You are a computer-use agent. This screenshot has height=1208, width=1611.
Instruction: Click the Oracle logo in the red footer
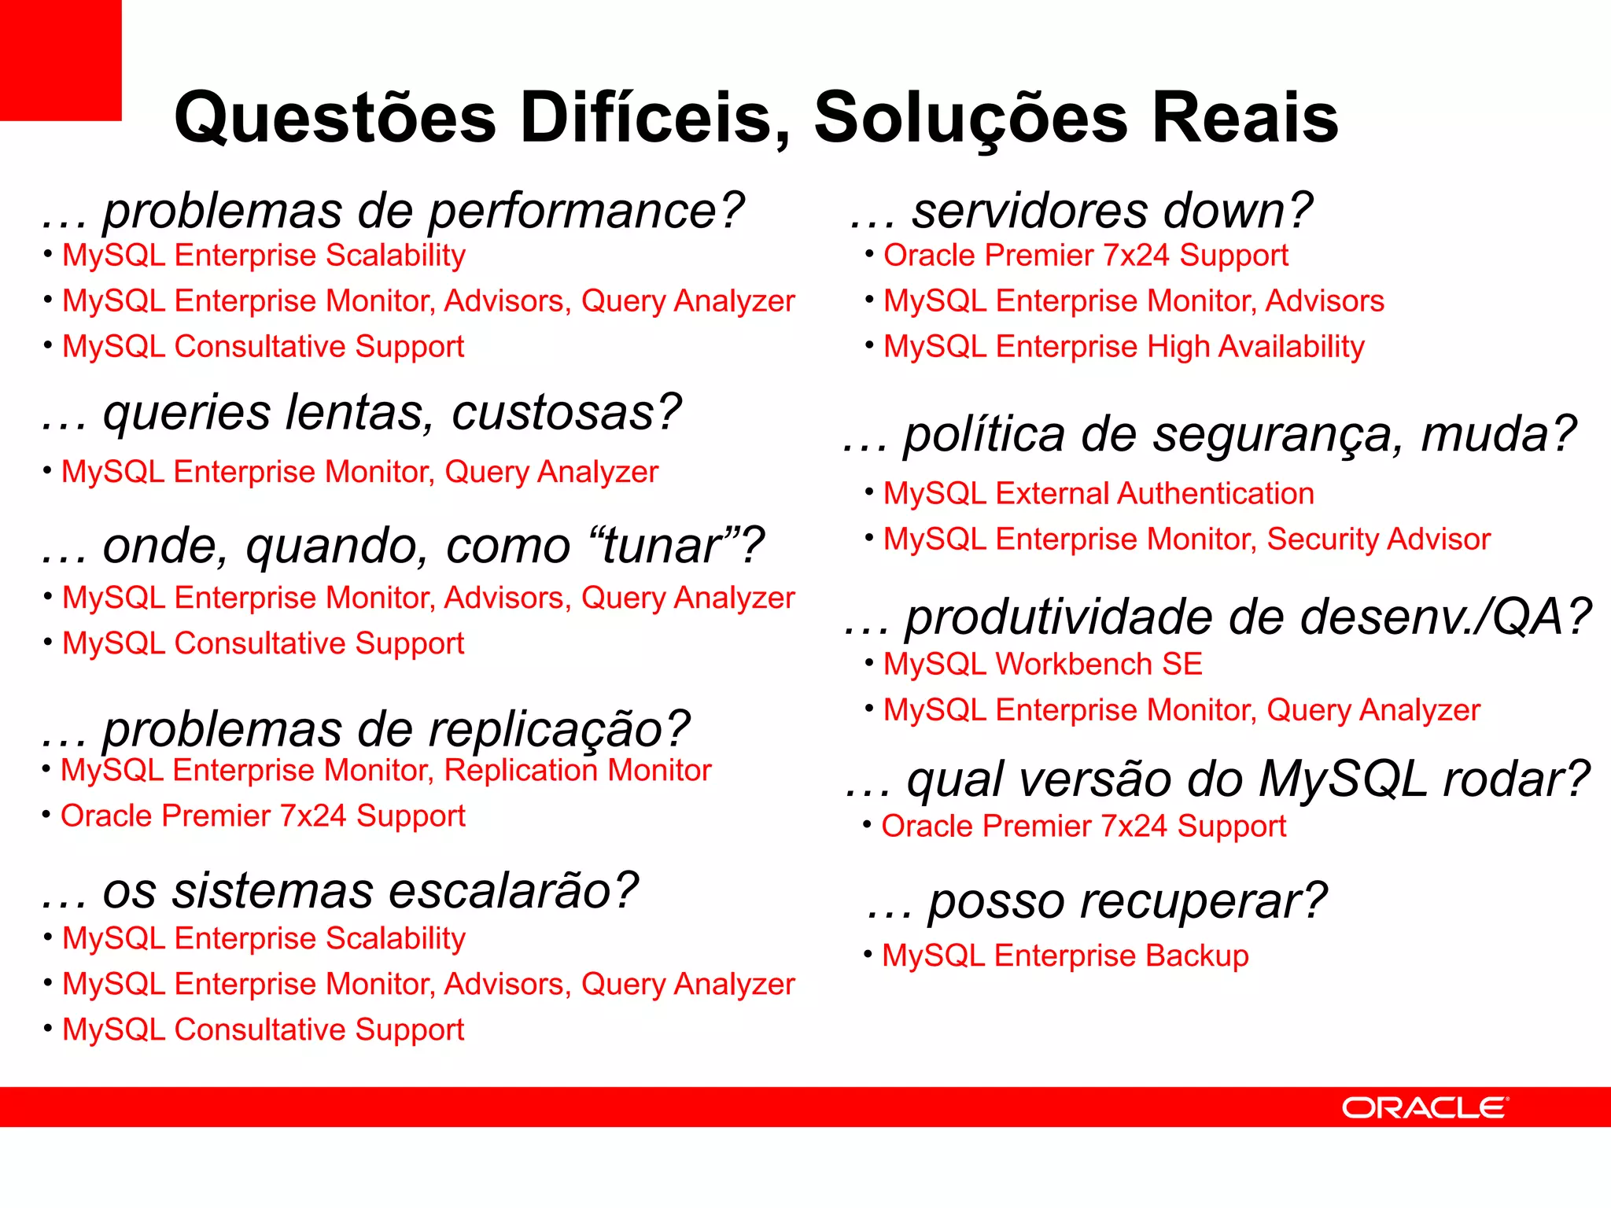(x=1425, y=1107)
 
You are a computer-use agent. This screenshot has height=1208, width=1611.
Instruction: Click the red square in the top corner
(x=61, y=60)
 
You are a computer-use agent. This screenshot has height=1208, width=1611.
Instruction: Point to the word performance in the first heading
(x=586, y=212)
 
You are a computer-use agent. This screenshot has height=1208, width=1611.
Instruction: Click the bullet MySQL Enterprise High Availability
(x=1123, y=347)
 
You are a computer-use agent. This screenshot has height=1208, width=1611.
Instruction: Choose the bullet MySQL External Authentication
(x=1098, y=494)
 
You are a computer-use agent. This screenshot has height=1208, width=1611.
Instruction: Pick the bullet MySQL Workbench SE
(x=1042, y=665)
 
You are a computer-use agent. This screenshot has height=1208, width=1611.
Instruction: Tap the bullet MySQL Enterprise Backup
(x=1065, y=956)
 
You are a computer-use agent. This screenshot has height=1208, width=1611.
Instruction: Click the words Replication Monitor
(x=577, y=771)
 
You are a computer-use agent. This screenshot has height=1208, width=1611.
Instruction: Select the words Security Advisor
(x=1378, y=540)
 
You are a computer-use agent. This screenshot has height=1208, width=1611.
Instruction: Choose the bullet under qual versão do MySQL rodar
(x=1083, y=827)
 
